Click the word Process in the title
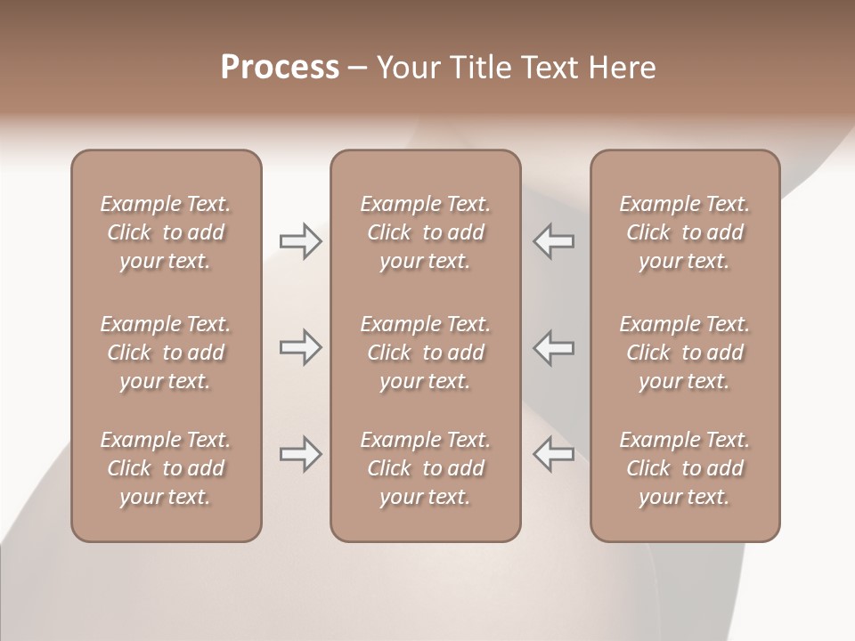(x=280, y=68)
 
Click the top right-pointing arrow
(x=300, y=241)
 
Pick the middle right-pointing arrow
(x=300, y=348)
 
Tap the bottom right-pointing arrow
(x=300, y=454)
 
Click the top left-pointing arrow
(x=553, y=241)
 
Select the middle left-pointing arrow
(x=553, y=348)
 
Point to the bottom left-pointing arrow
(x=553, y=454)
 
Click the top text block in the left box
(x=166, y=232)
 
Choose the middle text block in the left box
(x=166, y=353)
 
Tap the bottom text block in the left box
(x=166, y=468)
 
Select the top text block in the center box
(x=426, y=232)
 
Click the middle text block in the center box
(x=426, y=353)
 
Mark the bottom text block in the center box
(x=426, y=468)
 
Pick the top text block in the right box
(x=685, y=232)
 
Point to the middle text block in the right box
(x=685, y=353)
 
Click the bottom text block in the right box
(x=685, y=468)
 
